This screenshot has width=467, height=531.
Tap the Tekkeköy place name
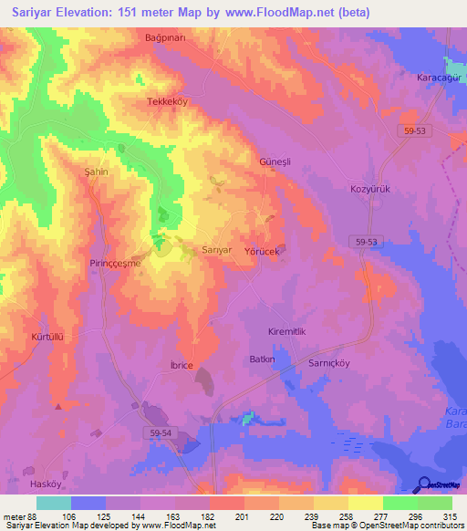[167, 102]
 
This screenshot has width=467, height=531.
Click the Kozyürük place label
[369, 189]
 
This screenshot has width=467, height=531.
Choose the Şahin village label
[97, 172]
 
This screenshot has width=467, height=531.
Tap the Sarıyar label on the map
[216, 249]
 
